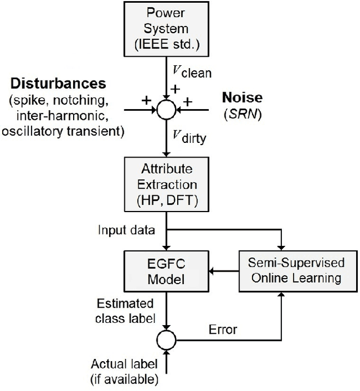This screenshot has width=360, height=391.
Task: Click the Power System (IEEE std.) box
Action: pyautogui.click(x=166, y=29)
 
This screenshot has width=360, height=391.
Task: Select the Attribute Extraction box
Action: pyautogui.click(x=166, y=186)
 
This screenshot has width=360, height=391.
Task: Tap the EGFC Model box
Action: pyautogui.click(x=166, y=271)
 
